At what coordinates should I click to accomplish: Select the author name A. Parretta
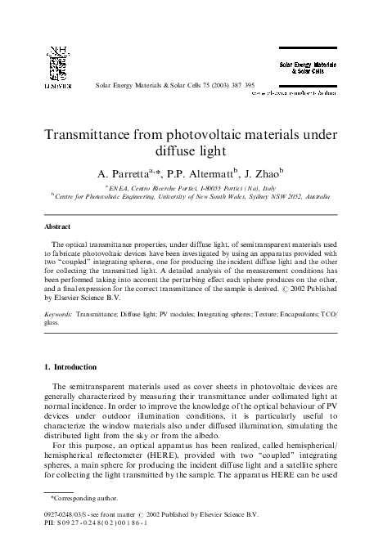[123, 174]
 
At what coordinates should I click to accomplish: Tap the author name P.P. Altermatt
[200, 174]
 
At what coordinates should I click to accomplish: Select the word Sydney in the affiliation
[255, 197]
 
